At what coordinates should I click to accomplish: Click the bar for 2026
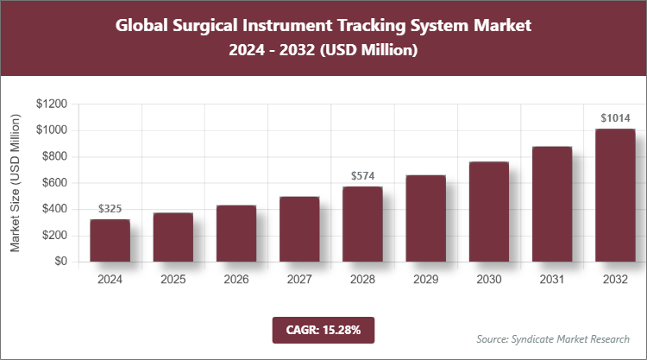[x=236, y=233]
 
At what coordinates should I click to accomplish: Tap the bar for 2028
[x=362, y=224]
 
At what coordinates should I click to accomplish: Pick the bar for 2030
[x=489, y=212]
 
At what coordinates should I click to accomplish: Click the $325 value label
[x=110, y=209]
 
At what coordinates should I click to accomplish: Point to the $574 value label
[x=362, y=176]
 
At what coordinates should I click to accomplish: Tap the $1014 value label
[x=615, y=118]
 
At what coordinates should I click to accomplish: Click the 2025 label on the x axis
[x=173, y=280]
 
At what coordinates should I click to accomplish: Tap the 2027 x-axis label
[x=299, y=280]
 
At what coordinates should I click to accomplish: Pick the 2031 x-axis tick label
[x=552, y=280]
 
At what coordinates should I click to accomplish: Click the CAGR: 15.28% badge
[x=323, y=330]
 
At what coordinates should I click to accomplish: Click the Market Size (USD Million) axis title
[x=16, y=183]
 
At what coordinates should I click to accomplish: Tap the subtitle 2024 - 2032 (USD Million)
[x=323, y=52]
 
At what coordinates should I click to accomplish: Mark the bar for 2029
[x=426, y=218]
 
